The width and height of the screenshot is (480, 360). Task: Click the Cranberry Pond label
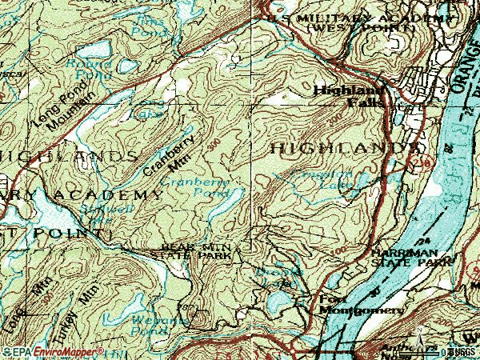point(195,187)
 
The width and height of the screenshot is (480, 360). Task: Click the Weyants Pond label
point(149,324)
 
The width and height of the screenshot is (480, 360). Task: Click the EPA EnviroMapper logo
point(53,351)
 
